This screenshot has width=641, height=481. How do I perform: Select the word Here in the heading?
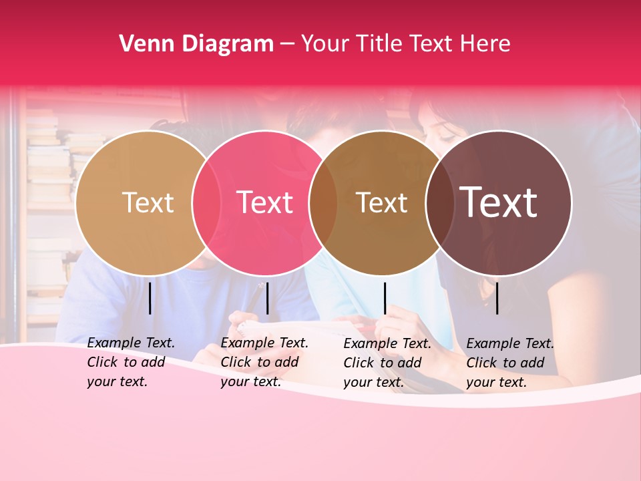(x=486, y=44)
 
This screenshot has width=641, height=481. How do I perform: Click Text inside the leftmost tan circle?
(x=148, y=202)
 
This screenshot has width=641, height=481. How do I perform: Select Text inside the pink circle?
(x=264, y=202)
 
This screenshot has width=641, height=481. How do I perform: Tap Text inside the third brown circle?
(x=381, y=202)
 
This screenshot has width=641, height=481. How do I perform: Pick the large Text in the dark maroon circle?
(x=499, y=202)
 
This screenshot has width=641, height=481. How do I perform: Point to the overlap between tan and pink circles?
(x=206, y=202)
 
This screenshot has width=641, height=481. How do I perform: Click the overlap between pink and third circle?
(x=323, y=202)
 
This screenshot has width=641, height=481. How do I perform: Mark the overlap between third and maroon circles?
(x=439, y=202)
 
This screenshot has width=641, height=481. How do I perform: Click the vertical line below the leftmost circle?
(x=150, y=298)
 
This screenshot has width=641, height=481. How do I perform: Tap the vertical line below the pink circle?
(x=267, y=298)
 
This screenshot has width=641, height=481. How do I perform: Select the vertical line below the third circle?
(x=385, y=298)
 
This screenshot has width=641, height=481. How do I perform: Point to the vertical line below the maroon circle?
(x=497, y=298)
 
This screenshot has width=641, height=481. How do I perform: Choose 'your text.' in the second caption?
(x=250, y=381)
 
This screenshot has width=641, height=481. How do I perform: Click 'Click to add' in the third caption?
(x=383, y=363)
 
